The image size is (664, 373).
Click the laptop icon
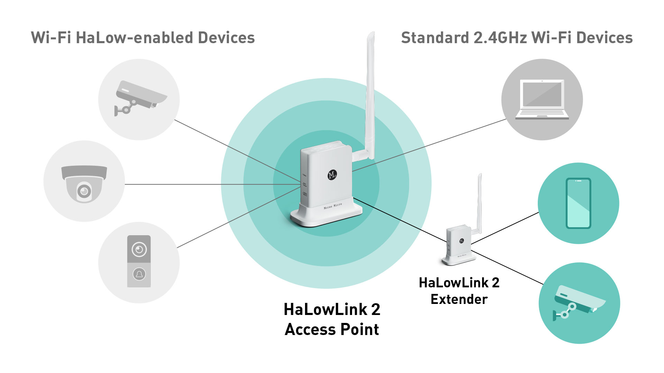point(542,99)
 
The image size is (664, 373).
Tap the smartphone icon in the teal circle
point(578,203)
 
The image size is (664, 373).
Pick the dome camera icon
point(84,183)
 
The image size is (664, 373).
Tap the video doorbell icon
point(139,261)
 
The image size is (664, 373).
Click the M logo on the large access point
point(332,175)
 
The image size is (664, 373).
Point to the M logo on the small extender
point(461,241)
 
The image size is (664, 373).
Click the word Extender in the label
point(459,299)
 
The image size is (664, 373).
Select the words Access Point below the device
point(332,329)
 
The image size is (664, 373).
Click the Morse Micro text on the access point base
point(333,206)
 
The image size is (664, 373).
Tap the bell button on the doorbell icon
point(139,274)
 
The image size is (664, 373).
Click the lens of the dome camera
point(84,191)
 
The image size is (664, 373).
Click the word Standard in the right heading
point(435,38)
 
